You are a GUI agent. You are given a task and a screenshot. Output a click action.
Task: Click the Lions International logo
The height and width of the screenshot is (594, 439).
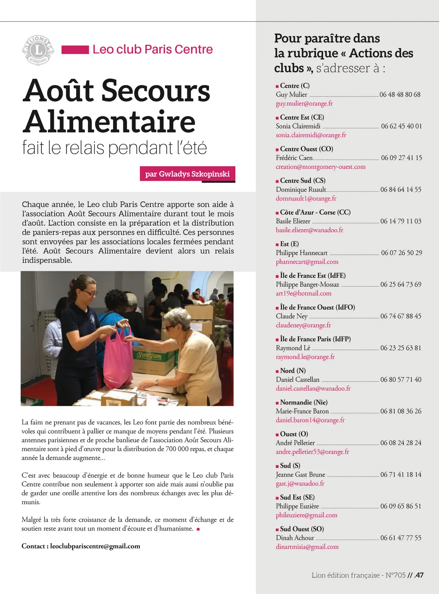[38, 50]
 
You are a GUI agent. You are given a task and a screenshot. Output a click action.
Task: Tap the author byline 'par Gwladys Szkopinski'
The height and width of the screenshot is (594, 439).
[187, 174]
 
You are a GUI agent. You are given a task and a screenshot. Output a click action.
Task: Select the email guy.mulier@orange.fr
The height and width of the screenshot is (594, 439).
[304, 104]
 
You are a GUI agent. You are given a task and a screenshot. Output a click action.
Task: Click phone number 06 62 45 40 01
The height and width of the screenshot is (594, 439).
[401, 126]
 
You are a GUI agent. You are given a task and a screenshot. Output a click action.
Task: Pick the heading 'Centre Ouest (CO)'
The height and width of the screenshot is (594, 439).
[306, 149]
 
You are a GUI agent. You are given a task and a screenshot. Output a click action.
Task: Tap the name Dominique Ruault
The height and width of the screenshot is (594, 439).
[301, 190]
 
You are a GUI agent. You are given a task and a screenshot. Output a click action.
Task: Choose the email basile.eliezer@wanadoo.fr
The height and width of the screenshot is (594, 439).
[309, 230]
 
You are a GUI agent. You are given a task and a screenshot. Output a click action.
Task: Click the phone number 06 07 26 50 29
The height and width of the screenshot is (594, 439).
[401, 253]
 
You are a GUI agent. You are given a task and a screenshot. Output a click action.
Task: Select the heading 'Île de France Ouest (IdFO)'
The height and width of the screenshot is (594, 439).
[317, 308]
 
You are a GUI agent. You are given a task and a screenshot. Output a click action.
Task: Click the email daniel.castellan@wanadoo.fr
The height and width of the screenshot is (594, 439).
[313, 389]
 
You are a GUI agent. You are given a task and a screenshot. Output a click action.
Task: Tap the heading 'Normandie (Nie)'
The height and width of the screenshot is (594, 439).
[304, 402]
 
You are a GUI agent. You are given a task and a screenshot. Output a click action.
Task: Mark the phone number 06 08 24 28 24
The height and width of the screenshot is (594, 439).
[401, 443]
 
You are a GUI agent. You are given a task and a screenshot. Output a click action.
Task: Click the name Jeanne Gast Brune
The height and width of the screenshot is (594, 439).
[300, 475]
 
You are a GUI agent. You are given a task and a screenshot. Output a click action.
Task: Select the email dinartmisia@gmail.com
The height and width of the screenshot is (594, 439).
[307, 547]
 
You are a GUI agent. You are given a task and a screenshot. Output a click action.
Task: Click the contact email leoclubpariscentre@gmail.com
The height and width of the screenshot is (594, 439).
[95, 546]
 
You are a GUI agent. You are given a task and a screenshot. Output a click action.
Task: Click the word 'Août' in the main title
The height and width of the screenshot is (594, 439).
[59, 91]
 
